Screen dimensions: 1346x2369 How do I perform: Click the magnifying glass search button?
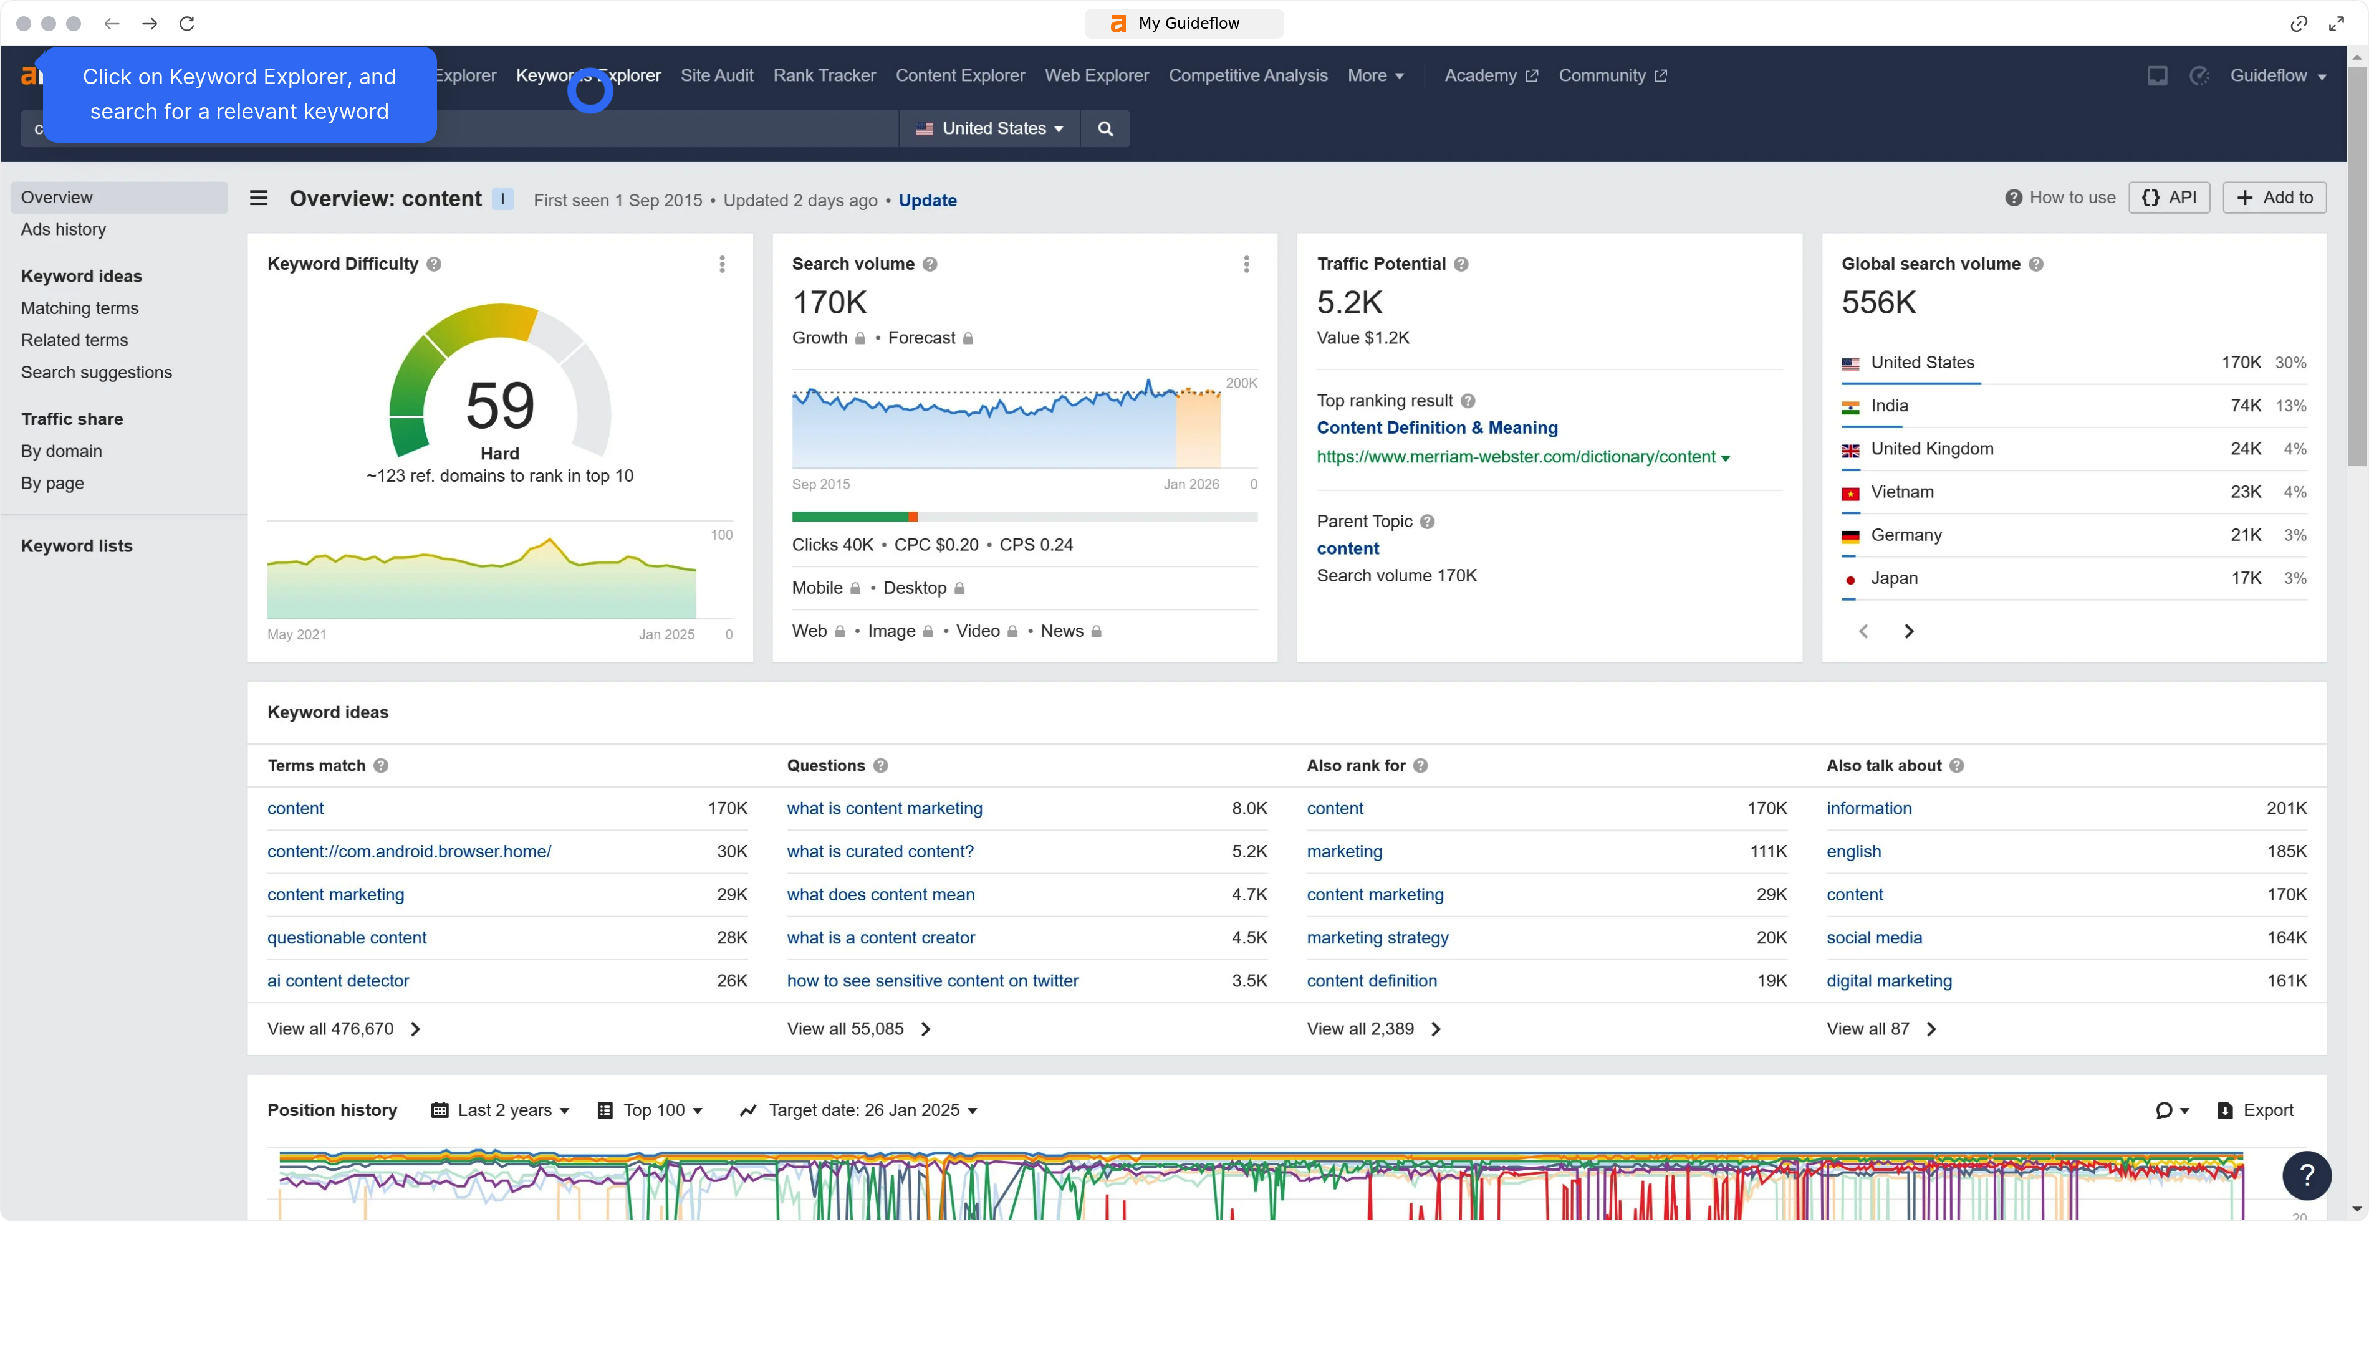1105,128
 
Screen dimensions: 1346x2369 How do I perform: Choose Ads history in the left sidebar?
64,229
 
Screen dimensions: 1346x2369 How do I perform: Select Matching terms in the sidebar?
80,308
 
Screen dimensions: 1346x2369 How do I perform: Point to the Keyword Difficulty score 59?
500,405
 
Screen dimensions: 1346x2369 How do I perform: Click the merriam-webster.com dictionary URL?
1516,457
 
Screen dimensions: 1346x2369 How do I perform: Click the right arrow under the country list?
1908,631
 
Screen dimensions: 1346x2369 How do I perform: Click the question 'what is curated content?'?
880,851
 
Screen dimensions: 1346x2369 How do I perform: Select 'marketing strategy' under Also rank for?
1378,937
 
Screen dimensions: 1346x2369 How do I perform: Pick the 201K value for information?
2287,809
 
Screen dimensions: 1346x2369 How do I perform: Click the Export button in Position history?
2256,1110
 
